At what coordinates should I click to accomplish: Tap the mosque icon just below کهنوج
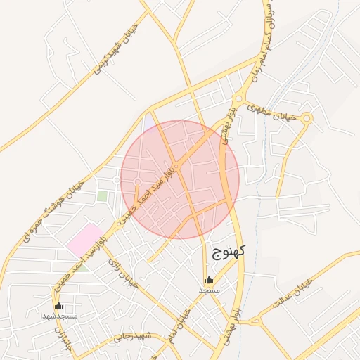(x=209, y=279)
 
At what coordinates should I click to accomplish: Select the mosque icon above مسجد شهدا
(x=58, y=305)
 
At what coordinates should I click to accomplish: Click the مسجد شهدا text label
(x=58, y=316)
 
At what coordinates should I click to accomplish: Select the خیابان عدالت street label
(x=290, y=295)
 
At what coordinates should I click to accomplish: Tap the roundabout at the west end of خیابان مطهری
(x=239, y=99)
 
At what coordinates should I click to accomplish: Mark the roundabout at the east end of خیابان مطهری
(x=307, y=117)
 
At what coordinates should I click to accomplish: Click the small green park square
(x=103, y=196)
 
